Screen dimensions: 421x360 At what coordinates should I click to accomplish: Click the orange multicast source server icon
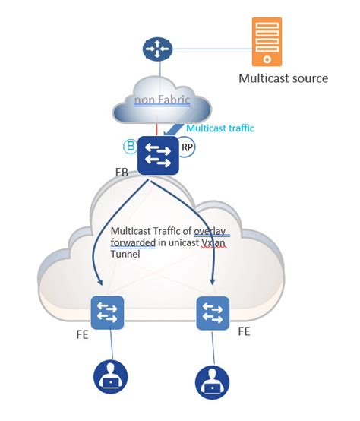[267, 41]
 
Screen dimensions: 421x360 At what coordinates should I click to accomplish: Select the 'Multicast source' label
[283, 78]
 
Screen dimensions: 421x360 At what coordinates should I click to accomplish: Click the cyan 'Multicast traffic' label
[220, 128]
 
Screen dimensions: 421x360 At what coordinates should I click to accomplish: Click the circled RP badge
[186, 146]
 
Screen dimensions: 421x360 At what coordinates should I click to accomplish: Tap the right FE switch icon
[213, 313]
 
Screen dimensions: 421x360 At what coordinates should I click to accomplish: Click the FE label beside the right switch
[245, 331]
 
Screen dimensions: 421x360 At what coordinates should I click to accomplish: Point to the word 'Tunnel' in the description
[127, 256]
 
